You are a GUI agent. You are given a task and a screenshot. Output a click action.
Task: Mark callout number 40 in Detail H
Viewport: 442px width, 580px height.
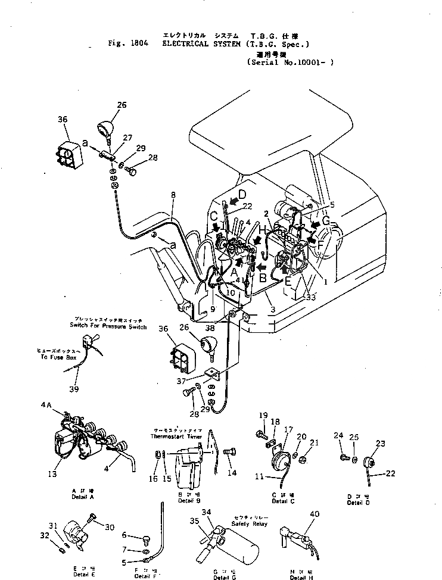pos(315,514)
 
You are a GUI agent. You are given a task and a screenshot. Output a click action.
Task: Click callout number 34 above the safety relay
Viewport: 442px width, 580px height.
pos(206,512)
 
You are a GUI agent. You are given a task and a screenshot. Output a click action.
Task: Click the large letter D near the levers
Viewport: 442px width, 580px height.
pos(242,195)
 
